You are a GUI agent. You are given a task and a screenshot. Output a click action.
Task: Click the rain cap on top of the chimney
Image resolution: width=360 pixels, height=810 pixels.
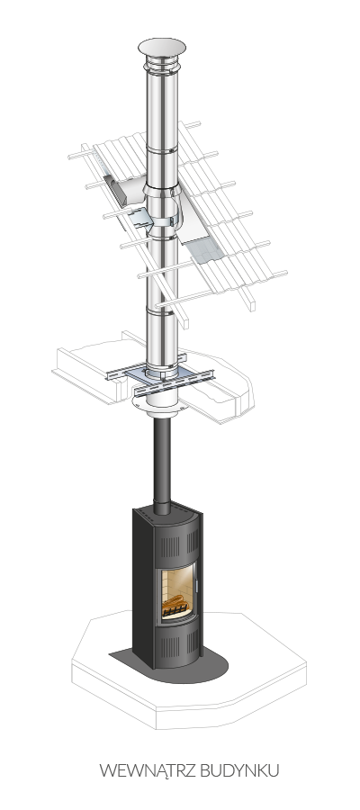[x=162, y=47]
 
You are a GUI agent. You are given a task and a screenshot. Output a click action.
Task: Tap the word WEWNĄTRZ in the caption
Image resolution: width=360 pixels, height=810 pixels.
[x=148, y=770]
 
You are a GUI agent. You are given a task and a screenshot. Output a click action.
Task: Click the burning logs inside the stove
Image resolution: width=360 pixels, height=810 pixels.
[x=174, y=602]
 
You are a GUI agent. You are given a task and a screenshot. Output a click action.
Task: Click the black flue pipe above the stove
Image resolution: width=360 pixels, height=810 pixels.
[x=162, y=465]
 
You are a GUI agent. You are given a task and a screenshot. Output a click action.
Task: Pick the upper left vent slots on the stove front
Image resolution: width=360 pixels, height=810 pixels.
[x=170, y=546]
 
